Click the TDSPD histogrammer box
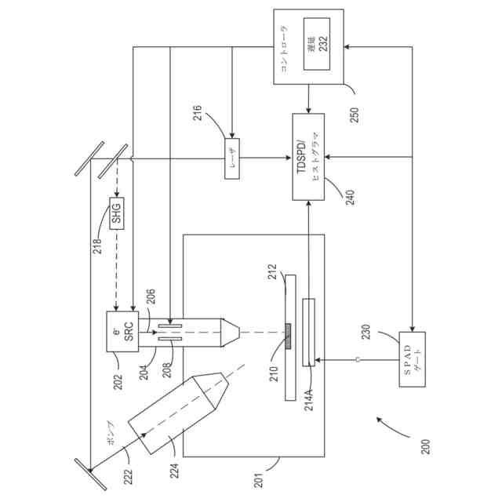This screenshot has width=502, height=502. [x=307, y=156]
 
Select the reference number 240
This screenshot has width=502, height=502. [x=348, y=194]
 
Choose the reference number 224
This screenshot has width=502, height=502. [x=176, y=470]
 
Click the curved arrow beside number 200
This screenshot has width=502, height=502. [x=390, y=427]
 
